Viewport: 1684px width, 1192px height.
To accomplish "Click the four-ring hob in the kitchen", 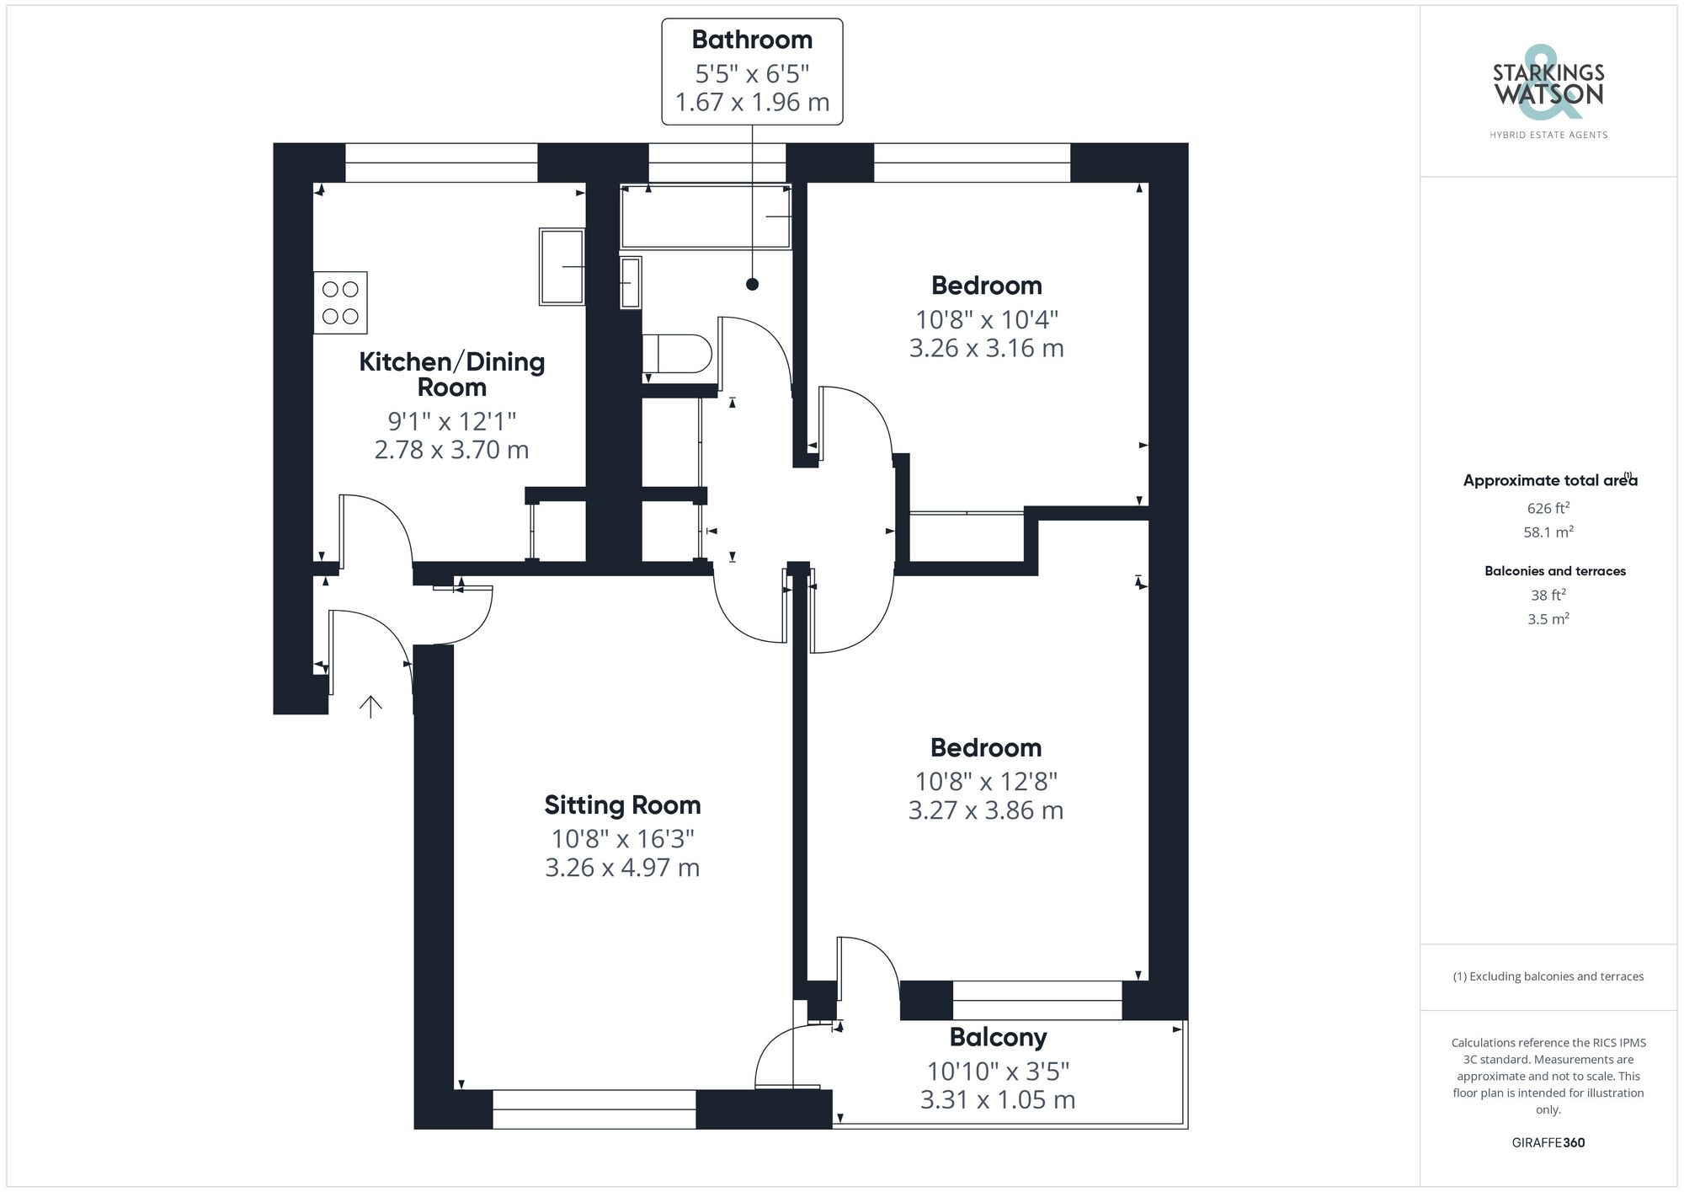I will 340,302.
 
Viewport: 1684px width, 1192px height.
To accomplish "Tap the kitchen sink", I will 562,266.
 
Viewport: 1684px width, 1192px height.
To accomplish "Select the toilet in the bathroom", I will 677,354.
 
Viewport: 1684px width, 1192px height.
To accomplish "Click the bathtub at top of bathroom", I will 706,217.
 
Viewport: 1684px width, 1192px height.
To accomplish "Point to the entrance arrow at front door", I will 370,707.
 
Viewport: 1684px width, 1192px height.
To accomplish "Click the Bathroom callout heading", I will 752,40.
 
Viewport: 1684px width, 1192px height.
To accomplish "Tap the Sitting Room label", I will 622,805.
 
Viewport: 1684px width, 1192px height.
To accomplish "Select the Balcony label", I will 998,1037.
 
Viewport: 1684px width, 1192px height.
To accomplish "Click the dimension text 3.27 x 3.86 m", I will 985,810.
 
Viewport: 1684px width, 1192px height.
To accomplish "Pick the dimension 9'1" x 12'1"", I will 451,420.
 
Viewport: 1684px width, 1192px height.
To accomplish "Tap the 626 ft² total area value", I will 1548,508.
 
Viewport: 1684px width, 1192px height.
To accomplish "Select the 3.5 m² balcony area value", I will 1548,619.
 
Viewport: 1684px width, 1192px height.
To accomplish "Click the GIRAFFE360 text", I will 1548,1142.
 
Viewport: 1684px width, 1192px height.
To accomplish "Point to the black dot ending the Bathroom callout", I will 752,284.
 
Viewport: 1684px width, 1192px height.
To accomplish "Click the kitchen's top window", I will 441,163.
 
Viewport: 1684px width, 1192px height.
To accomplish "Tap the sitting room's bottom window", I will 594,1109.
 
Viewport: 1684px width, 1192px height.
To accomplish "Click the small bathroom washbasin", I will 630,282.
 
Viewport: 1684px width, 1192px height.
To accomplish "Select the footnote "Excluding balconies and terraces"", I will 1548,976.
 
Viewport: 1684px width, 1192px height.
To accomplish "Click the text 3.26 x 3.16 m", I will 986,348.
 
